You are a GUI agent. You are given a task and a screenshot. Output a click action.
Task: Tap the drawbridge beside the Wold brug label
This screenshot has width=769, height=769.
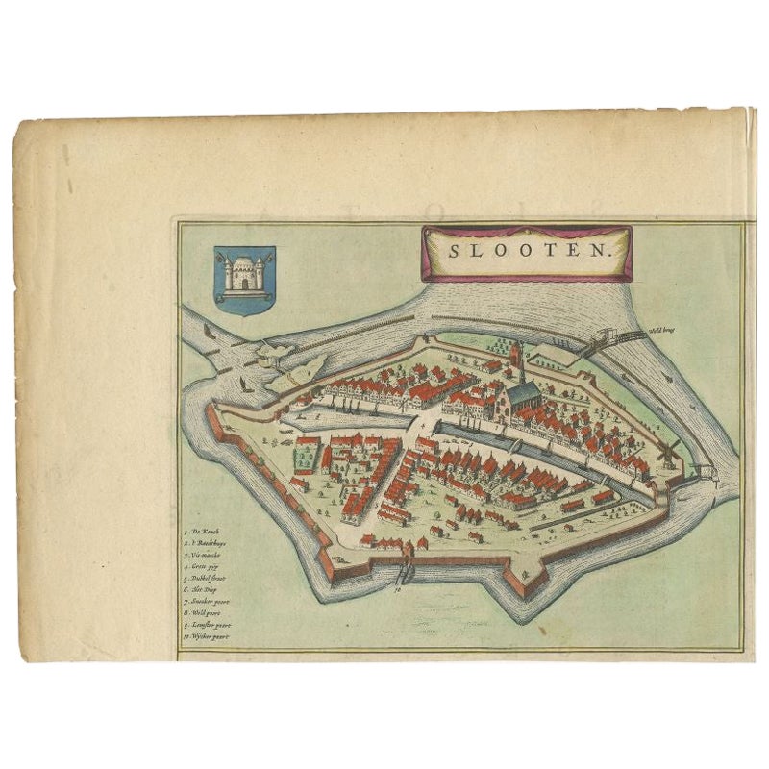pos(606,339)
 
